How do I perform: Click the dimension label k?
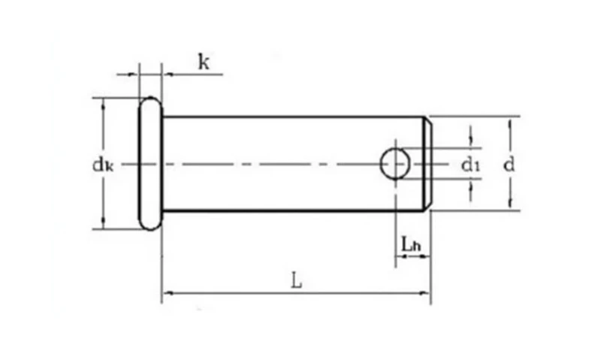tap(204, 62)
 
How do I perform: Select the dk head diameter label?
tap(103, 165)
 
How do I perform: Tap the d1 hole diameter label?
tap(470, 165)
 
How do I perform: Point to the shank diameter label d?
tap(509, 165)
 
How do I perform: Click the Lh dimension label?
tap(411, 244)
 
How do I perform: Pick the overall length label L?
tap(296, 280)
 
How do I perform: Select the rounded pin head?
tap(150, 163)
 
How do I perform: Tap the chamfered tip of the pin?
tap(427, 164)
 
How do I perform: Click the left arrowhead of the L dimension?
tap(168, 293)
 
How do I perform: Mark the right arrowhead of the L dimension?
tap(424, 293)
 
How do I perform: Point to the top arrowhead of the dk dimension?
tap(103, 104)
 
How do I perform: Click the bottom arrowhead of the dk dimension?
tap(103, 223)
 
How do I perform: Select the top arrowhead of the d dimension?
tap(510, 125)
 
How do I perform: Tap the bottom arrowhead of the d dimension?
tap(510, 202)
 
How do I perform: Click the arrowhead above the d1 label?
tap(471, 141)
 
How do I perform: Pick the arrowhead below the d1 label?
tap(471, 186)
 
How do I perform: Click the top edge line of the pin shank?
tap(294, 116)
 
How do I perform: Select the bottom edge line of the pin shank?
tap(294, 210)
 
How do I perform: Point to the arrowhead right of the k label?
tap(169, 74)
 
